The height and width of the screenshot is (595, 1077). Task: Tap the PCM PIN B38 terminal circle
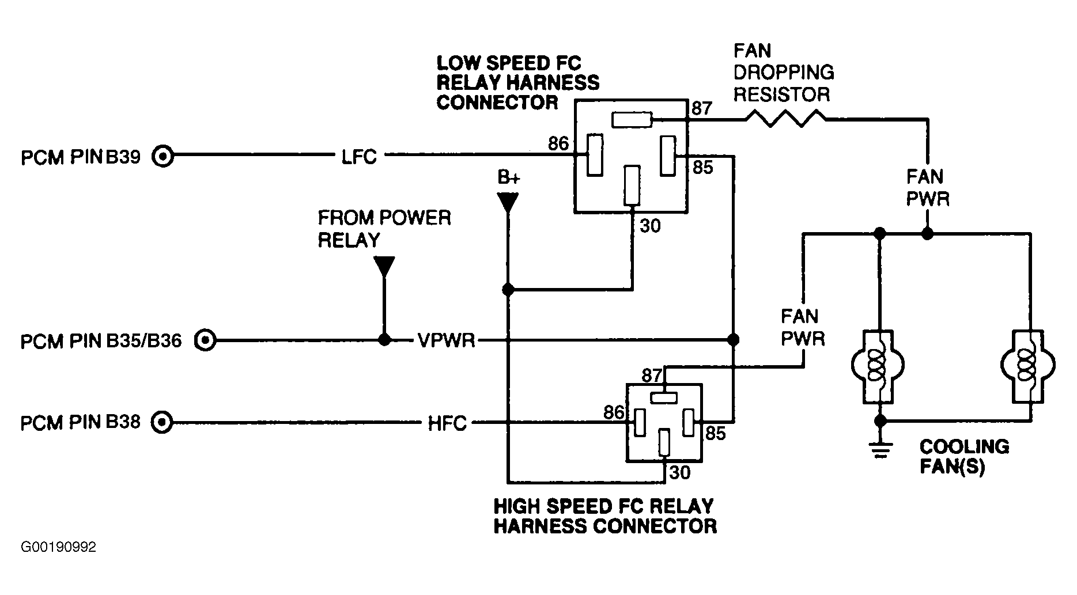pyautogui.click(x=162, y=423)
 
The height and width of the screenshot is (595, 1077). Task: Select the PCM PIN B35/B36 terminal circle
pyautogui.click(x=205, y=340)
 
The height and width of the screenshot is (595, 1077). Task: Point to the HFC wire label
pyautogui.click(x=447, y=425)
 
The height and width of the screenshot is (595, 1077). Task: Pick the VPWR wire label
pyautogui.click(x=447, y=341)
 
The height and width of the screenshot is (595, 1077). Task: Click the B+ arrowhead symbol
pyautogui.click(x=508, y=203)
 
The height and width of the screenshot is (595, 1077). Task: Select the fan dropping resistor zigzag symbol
pyautogui.click(x=785, y=119)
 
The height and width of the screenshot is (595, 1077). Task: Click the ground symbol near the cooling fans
pyautogui.click(x=879, y=450)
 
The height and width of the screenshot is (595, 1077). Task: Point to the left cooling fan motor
pyautogui.click(x=878, y=366)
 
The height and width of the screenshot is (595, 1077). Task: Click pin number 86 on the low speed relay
pyautogui.click(x=558, y=143)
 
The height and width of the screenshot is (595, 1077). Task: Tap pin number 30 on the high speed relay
pyautogui.click(x=679, y=473)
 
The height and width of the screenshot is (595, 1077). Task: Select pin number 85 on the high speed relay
pyautogui.click(x=715, y=433)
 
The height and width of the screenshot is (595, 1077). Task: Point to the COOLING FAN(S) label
pyautogui.click(x=964, y=456)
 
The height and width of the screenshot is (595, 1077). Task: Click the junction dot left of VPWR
pyautogui.click(x=384, y=340)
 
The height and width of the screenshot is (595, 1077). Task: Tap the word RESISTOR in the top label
pyautogui.click(x=782, y=94)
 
